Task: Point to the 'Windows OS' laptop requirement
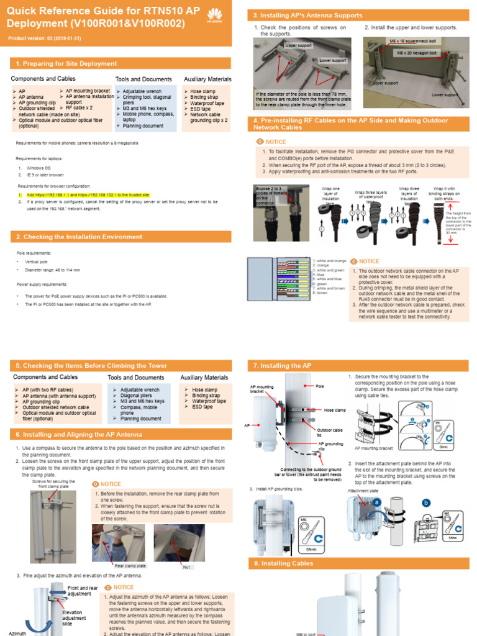point(39,168)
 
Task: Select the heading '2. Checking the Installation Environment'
point(79,237)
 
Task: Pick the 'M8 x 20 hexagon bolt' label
point(418,53)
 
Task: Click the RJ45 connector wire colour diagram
point(279,279)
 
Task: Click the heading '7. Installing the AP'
point(282,366)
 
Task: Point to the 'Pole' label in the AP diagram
point(320,386)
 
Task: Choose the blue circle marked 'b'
point(426,502)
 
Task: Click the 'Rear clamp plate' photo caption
point(130,566)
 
